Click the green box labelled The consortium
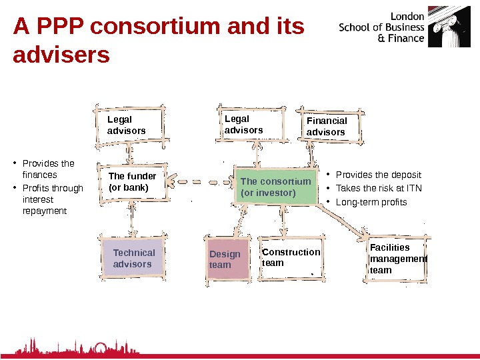276,187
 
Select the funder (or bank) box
132,181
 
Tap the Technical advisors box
133,259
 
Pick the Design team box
226,259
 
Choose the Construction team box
291,257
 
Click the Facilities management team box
397,259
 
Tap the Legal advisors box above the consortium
250,124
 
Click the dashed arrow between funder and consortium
201,180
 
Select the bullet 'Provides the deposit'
378,175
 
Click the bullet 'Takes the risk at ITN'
379,188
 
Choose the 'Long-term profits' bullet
371,202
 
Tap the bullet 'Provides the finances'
47,169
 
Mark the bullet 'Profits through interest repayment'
51,199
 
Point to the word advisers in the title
61,55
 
